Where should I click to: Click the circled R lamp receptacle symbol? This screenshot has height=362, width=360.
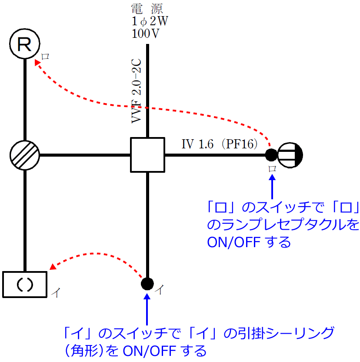(25, 44)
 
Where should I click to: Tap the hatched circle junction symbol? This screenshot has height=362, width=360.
(25, 155)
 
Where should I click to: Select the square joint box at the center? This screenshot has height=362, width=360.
(148, 154)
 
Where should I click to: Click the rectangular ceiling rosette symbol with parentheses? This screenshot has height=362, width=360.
(25, 284)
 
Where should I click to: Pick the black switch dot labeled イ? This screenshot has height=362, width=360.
(147, 284)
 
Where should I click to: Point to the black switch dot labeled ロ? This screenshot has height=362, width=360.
(271, 154)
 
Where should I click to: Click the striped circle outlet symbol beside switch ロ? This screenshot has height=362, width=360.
(290, 154)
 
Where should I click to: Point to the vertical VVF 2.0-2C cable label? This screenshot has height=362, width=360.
(137, 90)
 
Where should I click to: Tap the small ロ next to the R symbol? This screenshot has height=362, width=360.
(45, 56)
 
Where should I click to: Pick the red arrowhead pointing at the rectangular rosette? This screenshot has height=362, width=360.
(53, 266)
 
